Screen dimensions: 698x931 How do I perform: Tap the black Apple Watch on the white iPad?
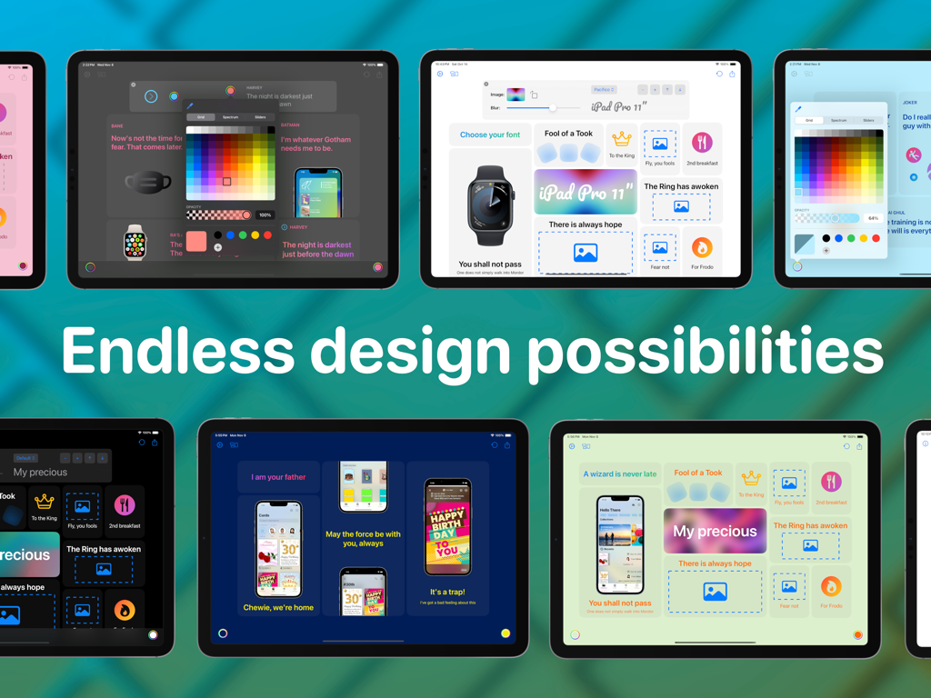(x=490, y=206)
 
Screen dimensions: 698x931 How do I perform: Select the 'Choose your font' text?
(x=490, y=135)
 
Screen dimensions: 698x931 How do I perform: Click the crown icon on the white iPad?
(x=622, y=140)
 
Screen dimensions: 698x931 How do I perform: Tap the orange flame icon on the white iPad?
(x=702, y=247)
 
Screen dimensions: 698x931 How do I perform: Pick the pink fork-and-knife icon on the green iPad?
(x=830, y=482)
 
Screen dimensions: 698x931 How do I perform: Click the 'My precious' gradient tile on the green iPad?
(x=715, y=531)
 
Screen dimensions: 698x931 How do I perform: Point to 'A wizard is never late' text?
(x=619, y=474)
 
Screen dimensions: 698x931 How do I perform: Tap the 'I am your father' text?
(x=279, y=476)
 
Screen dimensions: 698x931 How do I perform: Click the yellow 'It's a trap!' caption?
(x=447, y=592)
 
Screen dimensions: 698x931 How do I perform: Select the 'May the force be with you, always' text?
(x=363, y=539)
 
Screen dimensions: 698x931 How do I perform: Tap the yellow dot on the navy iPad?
(x=506, y=633)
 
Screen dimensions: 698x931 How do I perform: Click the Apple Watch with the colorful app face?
(x=135, y=243)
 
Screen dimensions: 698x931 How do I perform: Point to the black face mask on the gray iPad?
(x=147, y=183)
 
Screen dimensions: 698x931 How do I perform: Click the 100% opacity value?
(x=265, y=215)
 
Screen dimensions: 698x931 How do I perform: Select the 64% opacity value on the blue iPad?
(x=873, y=218)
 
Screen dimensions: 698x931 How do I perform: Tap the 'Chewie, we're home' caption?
(x=279, y=607)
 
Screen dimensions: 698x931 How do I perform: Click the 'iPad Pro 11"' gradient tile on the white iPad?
(x=586, y=192)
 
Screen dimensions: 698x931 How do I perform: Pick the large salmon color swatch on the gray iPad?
(x=196, y=241)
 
